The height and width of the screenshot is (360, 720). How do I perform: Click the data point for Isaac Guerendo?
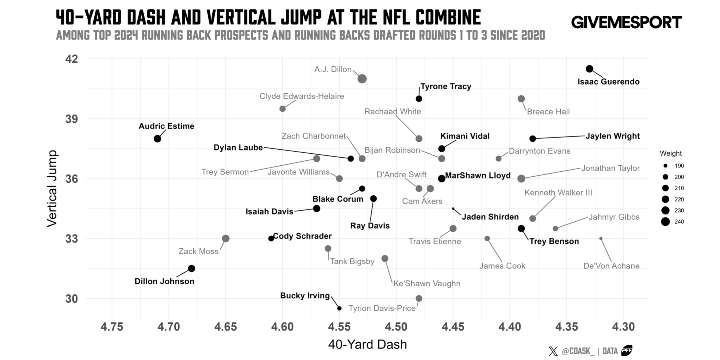click(589, 69)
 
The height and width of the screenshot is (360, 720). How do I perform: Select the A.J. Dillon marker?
click(362, 79)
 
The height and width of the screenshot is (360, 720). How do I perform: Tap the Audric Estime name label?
click(166, 126)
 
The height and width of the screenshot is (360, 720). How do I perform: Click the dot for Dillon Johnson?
click(192, 268)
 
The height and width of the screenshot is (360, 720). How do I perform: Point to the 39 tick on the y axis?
click(72, 119)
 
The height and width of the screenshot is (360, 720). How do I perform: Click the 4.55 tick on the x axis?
click(339, 326)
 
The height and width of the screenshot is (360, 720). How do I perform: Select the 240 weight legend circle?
click(666, 222)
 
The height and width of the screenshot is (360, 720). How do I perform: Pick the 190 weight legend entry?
click(666, 166)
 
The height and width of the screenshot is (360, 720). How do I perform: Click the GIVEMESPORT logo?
click(626, 22)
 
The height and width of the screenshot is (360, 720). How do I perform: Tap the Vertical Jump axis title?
click(52, 189)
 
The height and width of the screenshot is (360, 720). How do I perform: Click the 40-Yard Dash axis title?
click(367, 344)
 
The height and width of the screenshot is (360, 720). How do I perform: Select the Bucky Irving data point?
click(339, 308)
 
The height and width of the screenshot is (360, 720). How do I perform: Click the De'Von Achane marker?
click(601, 238)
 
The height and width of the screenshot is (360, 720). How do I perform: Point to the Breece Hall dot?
click(521, 99)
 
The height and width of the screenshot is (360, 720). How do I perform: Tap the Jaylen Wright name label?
click(612, 136)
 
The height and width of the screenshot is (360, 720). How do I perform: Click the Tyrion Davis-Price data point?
click(419, 298)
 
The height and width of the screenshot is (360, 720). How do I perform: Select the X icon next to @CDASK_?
click(553, 351)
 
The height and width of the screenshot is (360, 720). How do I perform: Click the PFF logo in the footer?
click(627, 350)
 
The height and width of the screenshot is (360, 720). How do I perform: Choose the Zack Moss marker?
click(226, 238)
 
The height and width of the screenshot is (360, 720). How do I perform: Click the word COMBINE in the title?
click(448, 17)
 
